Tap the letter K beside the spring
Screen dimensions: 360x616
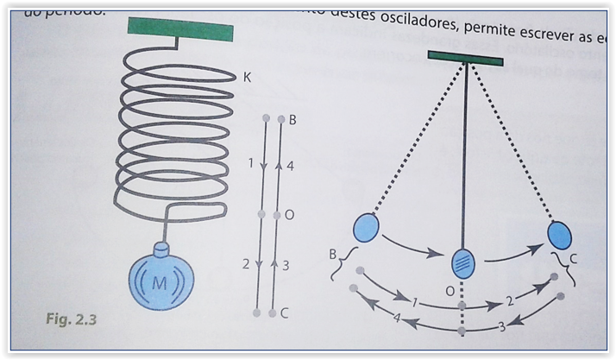click(247, 78)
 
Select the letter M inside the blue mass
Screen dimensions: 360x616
click(160, 282)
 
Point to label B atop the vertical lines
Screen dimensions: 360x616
click(292, 120)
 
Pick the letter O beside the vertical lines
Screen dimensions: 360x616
click(290, 215)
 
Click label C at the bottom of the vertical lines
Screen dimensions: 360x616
click(284, 313)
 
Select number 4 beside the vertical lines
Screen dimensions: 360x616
click(291, 166)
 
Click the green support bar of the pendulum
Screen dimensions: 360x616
click(465, 59)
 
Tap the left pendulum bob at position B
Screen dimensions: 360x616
click(366, 229)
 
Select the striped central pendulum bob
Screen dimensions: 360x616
click(464, 262)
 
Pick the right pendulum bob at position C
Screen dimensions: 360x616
click(559, 235)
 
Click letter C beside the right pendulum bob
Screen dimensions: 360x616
click(574, 256)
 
